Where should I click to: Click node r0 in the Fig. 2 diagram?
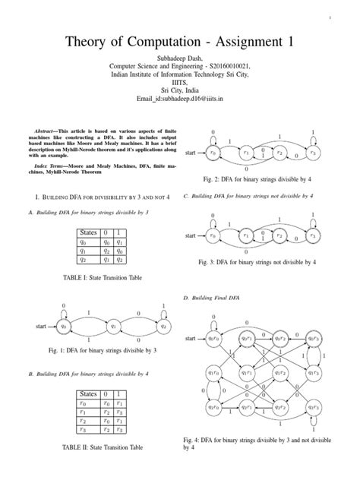(213, 153)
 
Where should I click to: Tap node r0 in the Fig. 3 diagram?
(213, 237)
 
